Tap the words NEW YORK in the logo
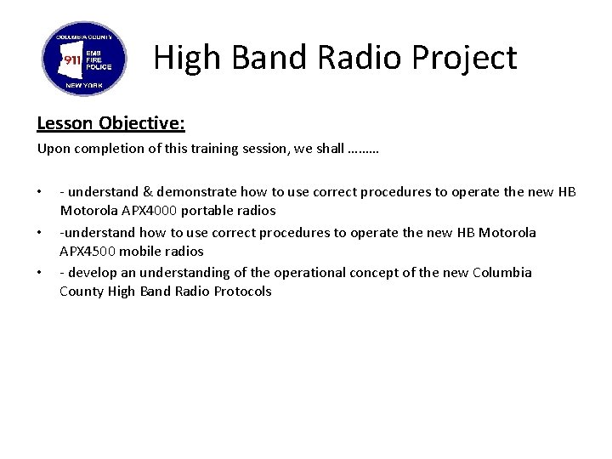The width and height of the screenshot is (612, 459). coord(84,87)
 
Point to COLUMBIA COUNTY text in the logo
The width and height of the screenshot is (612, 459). coord(84,38)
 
